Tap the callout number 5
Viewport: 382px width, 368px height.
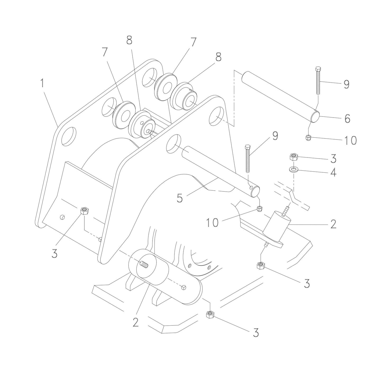point(180,198)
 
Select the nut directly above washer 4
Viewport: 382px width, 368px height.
point(294,157)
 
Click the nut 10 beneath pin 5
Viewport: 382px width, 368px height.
point(260,209)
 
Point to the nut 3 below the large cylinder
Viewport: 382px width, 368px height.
point(210,314)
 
